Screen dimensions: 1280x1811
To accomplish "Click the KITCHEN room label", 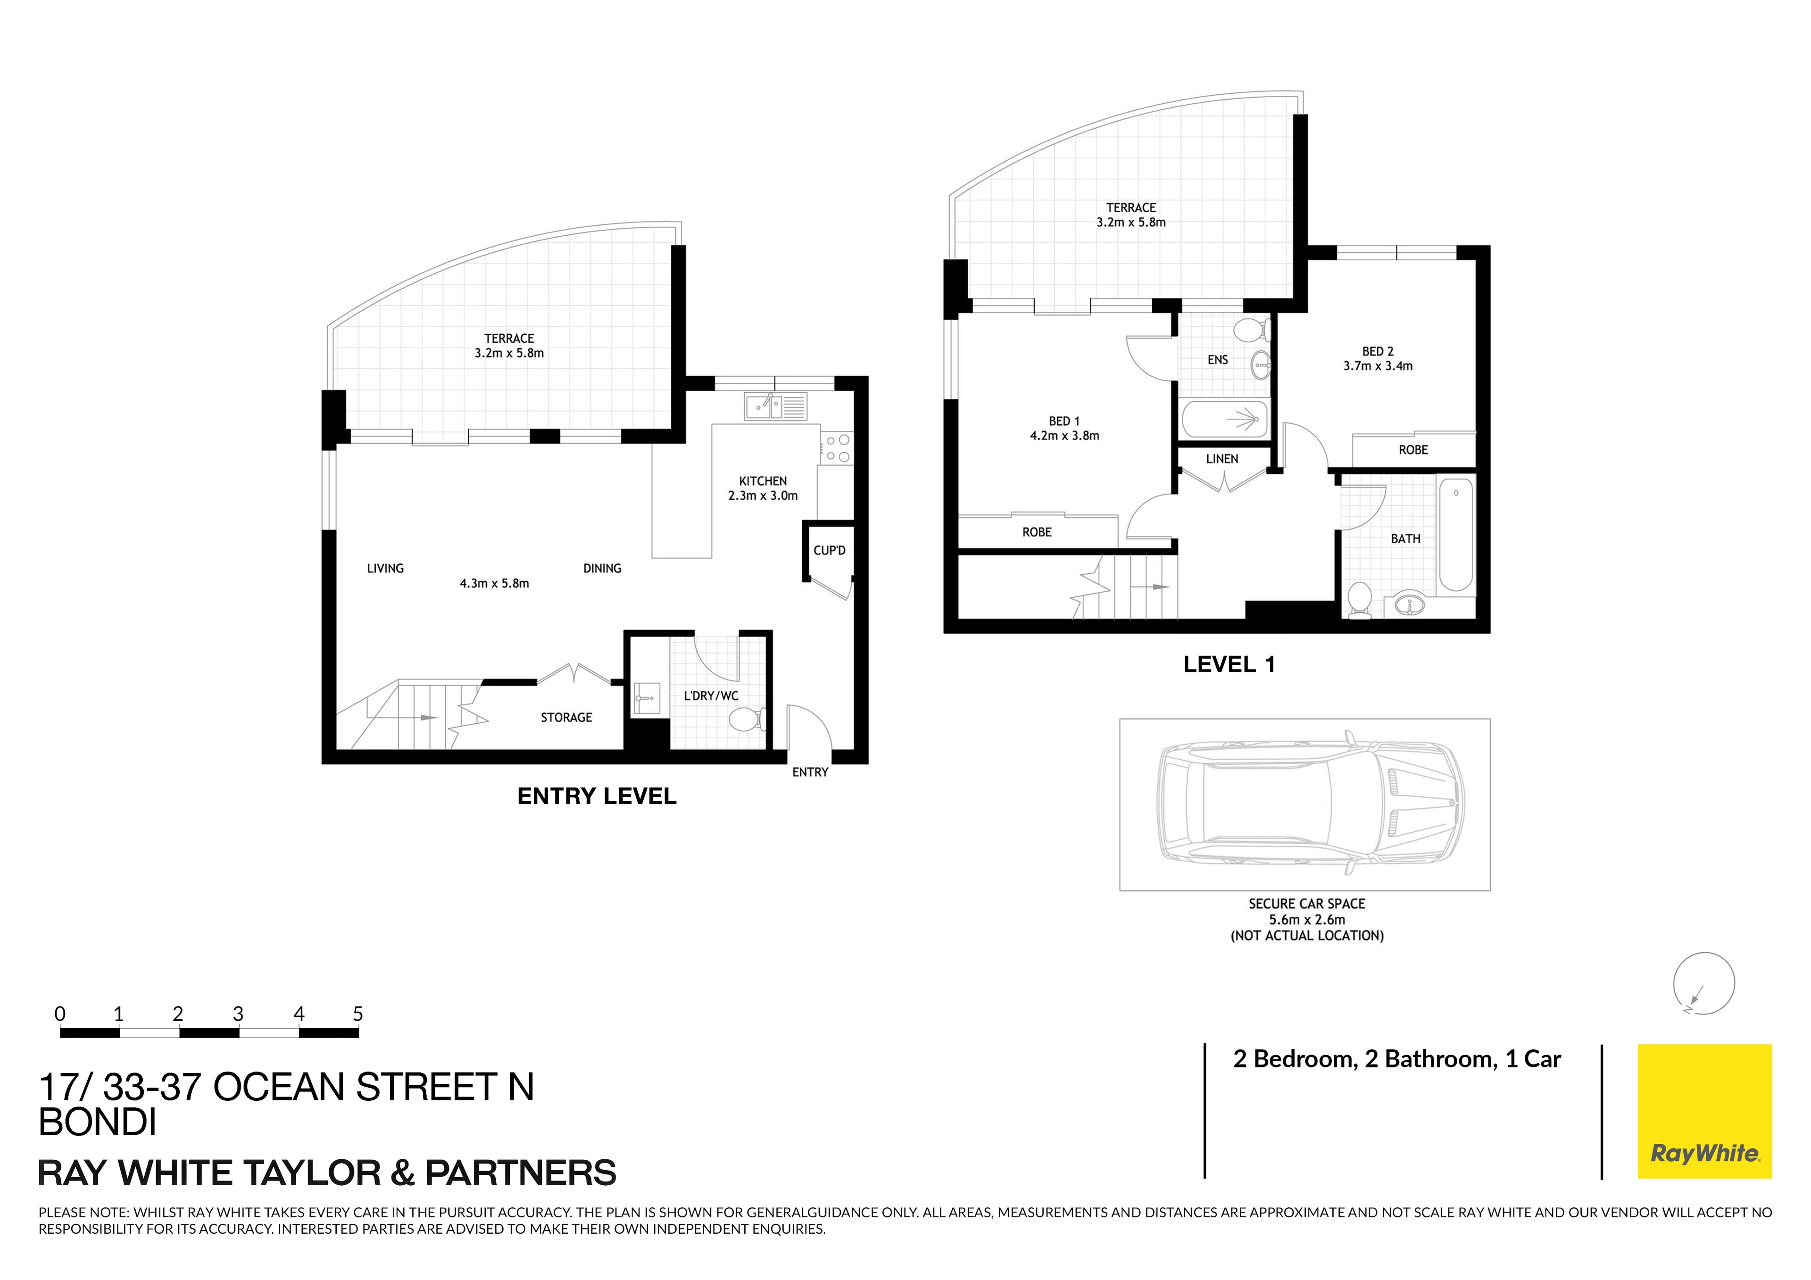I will click(762, 481).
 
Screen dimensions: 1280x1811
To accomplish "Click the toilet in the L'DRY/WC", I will click(745, 718).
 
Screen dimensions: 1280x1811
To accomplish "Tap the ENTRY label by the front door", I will click(810, 772).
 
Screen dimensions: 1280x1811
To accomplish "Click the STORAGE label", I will click(566, 718).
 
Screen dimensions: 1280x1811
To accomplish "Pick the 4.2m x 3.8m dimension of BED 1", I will click(1064, 435).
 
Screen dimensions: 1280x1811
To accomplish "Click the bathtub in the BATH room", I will click(1455, 535).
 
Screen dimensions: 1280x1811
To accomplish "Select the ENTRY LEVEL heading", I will click(596, 797).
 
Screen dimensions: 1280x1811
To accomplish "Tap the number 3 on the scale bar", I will click(237, 1014).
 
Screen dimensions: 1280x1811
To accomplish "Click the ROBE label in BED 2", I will click(1412, 450).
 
